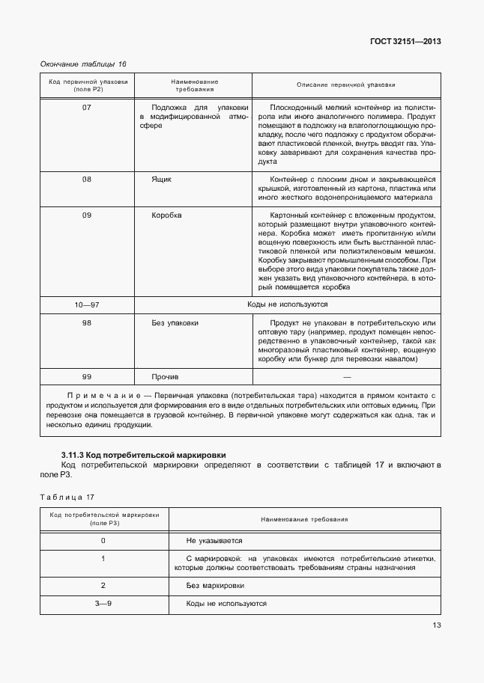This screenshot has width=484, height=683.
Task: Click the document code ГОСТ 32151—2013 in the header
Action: [x=405, y=42]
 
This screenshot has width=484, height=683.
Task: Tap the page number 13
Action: [x=436, y=626]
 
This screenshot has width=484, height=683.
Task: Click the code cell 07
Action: [x=86, y=107]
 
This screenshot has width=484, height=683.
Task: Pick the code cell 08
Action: [x=86, y=180]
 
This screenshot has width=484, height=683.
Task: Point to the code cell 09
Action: [x=86, y=215]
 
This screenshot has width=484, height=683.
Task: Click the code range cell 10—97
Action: [x=86, y=305]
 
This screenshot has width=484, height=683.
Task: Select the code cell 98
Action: [x=86, y=323]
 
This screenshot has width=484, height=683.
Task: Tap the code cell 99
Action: [x=86, y=377]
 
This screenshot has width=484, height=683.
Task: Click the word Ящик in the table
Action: [x=162, y=180]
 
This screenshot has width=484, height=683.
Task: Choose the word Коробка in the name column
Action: [x=166, y=215]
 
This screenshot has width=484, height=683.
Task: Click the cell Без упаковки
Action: [x=175, y=323]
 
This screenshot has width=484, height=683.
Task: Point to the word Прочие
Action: [x=165, y=377]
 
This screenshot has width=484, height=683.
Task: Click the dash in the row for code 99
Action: [x=346, y=377]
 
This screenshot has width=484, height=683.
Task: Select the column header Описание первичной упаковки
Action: [x=346, y=85]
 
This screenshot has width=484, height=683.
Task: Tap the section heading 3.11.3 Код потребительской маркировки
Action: [x=143, y=455]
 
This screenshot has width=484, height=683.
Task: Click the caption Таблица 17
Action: [x=67, y=497]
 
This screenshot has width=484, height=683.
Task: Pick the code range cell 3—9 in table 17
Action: [x=103, y=604]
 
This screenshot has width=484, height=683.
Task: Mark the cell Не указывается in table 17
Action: [x=214, y=540]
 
